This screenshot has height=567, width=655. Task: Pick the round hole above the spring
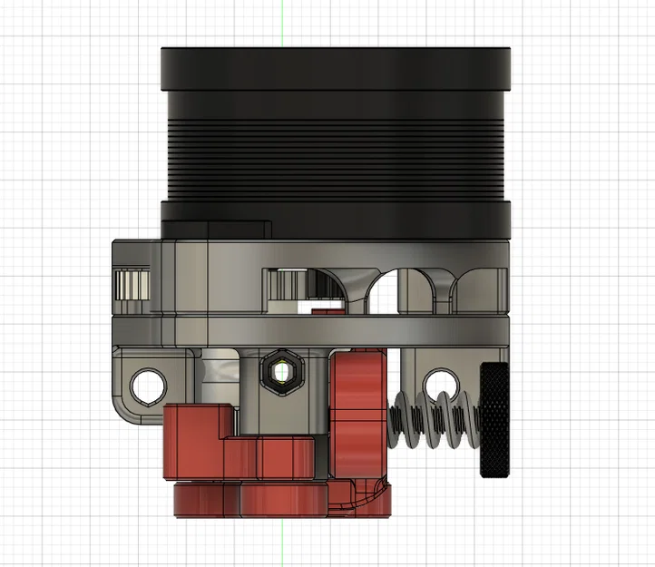pyautogui.click(x=440, y=381)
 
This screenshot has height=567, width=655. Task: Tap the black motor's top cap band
pyautogui.click(x=336, y=68)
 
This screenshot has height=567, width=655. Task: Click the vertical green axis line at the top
pyautogui.click(x=283, y=23)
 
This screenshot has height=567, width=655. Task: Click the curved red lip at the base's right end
pyautogui.click(x=372, y=499)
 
